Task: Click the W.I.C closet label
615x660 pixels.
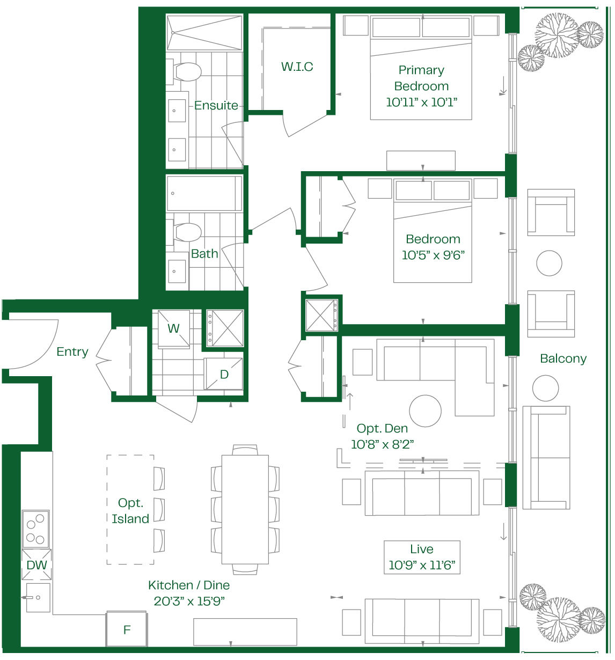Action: (297, 67)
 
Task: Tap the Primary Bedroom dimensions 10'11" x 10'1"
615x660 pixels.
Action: (421, 102)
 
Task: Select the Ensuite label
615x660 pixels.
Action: (216, 105)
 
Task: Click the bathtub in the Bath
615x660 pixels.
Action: (204, 193)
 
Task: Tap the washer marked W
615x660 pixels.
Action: (173, 329)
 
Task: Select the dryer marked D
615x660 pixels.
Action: (223, 373)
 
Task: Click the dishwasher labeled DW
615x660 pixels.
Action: (36, 564)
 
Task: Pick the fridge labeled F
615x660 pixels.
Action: (126, 629)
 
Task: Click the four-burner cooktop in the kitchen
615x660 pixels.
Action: (35, 529)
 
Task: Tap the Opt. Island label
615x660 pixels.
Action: (130, 511)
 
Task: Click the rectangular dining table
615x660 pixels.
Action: (245, 509)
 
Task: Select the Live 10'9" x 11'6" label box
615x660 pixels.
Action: (421, 558)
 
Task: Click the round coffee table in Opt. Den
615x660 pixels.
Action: (425, 411)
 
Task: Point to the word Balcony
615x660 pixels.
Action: (563, 358)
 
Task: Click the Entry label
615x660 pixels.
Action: (72, 352)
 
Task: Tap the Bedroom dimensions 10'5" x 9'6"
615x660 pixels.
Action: (433, 255)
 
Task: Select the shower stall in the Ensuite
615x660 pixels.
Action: (204, 32)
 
